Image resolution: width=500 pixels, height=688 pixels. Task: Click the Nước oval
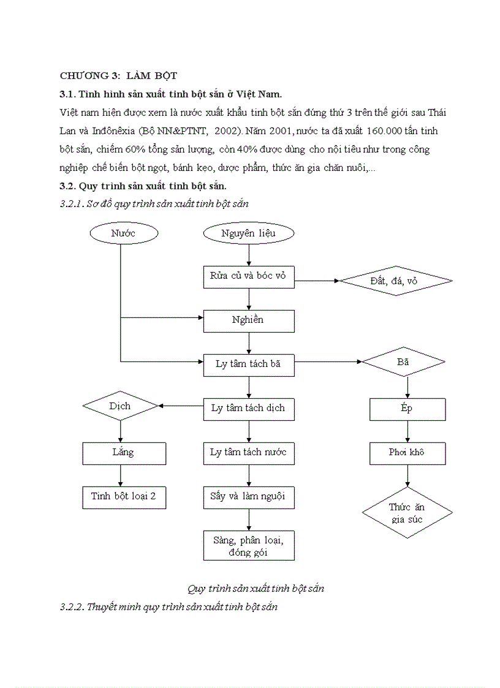tap(123, 233)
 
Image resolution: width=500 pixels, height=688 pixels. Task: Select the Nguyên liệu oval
tap(248, 233)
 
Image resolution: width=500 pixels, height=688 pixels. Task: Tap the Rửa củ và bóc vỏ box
tap(248, 276)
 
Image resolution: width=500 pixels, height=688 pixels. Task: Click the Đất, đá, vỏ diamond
tap(396, 281)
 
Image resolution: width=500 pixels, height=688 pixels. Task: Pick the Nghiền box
tap(248, 320)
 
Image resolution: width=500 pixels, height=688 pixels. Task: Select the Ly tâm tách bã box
tap(248, 365)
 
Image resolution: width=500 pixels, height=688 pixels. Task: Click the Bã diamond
tap(403, 363)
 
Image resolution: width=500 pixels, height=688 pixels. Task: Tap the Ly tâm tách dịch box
tap(248, 409)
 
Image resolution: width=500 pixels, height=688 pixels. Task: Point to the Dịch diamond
tap(120, 406)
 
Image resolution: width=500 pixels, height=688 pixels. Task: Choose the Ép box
tap(406, 409)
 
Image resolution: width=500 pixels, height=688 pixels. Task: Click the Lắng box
tap(124, 453)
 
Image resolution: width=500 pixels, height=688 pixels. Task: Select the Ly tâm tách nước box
tap(248, 453)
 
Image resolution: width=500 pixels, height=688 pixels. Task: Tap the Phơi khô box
tap(406, 453)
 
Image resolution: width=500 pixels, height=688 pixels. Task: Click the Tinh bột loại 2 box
tap(124, 497)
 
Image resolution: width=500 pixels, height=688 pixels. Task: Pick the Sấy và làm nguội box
tap(248, 497)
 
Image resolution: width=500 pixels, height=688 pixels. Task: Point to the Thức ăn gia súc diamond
tap(406, 513)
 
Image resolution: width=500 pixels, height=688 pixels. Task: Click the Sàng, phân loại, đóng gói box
tap(248, 545)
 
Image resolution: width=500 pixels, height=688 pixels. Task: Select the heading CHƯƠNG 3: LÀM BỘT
tap(118, 76)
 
